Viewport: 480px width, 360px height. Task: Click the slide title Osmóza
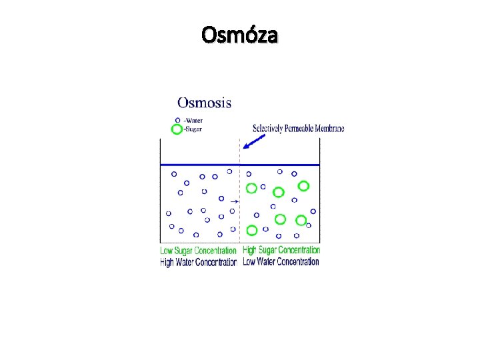[240, 35]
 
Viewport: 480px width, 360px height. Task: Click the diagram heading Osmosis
[205, 103]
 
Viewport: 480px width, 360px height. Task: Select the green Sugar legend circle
[177, 129]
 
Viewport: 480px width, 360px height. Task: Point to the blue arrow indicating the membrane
[254, 141]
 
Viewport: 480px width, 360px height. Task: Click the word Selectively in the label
[268, 128]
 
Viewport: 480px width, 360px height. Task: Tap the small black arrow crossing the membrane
[234, 200]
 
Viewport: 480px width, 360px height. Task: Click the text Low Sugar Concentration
[199, 251]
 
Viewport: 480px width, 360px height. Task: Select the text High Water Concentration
[199, 262]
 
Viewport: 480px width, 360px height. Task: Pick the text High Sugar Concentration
[281, 250]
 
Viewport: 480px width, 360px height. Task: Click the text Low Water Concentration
[281, 261]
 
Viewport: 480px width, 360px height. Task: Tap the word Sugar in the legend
[193, 129]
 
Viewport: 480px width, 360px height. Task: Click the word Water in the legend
[193, 120]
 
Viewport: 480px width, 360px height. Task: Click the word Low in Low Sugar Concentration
[167, 251]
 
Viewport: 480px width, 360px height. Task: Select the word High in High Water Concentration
[167, 262]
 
